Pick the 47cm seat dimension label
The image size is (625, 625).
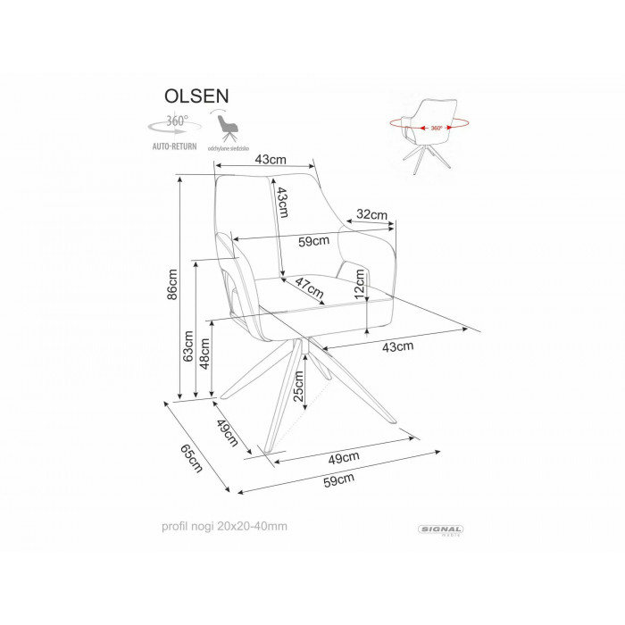[309, 289]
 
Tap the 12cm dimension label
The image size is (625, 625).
[360, 283]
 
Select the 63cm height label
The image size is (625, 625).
[188, 346]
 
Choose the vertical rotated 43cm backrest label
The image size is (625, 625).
[282, 203]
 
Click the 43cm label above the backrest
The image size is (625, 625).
[270, 159]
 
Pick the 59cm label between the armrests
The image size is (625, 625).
[314, 240]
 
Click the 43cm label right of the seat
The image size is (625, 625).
[397, 346]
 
